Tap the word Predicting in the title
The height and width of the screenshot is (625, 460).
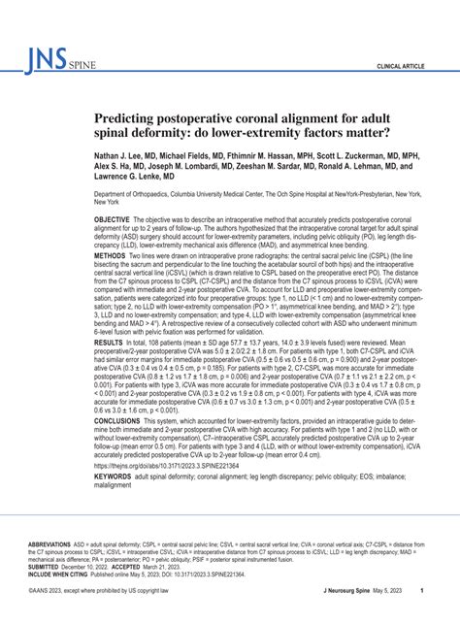click(x=132, y=116)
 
